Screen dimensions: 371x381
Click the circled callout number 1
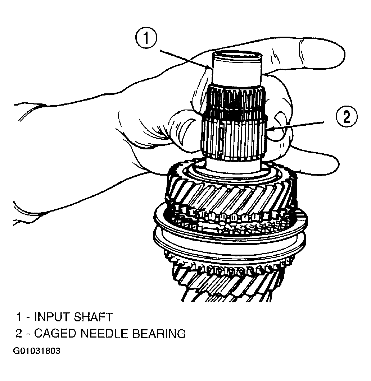click(x=146, y=38)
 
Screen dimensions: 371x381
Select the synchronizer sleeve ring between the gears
click(x=230, y=243)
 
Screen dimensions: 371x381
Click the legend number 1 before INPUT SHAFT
click(x=18, y=317)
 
